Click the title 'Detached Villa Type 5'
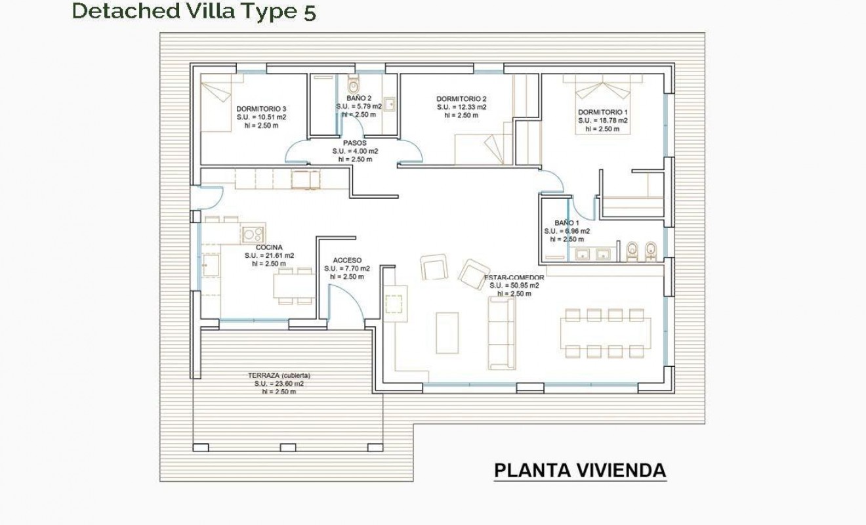pyautogui.click(x=194, y=11)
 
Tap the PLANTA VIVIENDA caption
pyautogui.click(x=579, y=471)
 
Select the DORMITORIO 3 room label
pyautogui.click(x=261, y=109)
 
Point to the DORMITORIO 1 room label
pyautogui.click(x=603, y=112)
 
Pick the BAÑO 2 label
pyautogui.click(x=359, y=98)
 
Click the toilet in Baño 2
pyautogui.click(x=354, y=85)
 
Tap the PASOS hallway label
pyautogui.click(x=354, y=142)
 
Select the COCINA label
pyautogui.click(x=269, y=247)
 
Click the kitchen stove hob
pyautogui.click(x=253, y=233)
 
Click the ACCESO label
pyautogui.click(x=346, y=260)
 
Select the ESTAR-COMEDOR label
pyautogui.click(x=514, y=278)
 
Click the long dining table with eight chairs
pyautogui.click(x=606, y=333)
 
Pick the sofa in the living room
pyautogui.click(x=501, y=331)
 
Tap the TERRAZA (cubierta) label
pyautogui.click(x=279, y=375)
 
